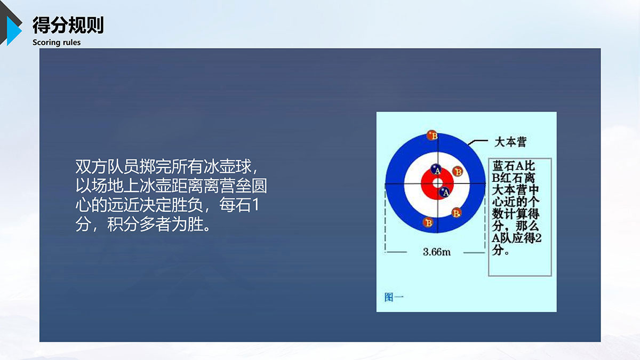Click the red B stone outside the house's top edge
[x=432, y=135]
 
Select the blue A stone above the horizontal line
[x=436, y=170]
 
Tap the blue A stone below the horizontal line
[x=445, y=193]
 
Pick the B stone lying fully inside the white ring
[x=458, y=171]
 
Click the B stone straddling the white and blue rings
[x=457, y=213]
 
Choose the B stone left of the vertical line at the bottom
[x=428, y=222]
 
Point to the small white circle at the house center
[x=438, y=183]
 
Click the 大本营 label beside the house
[x=510, y=142]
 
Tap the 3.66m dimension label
[x=437, y=252]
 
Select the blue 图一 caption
[x=394, y=297]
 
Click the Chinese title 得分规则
[x=68, y=25]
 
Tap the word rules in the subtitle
[x=71, y=43]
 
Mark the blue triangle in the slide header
[x=13, y=30]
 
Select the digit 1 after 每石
[x=255, y=205]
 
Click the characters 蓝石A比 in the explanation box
[x=514, y=166]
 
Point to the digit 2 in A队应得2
[x=538, y=238]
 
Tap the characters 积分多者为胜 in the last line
[x=155, y=225]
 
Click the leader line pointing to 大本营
[x=478, y=141]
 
